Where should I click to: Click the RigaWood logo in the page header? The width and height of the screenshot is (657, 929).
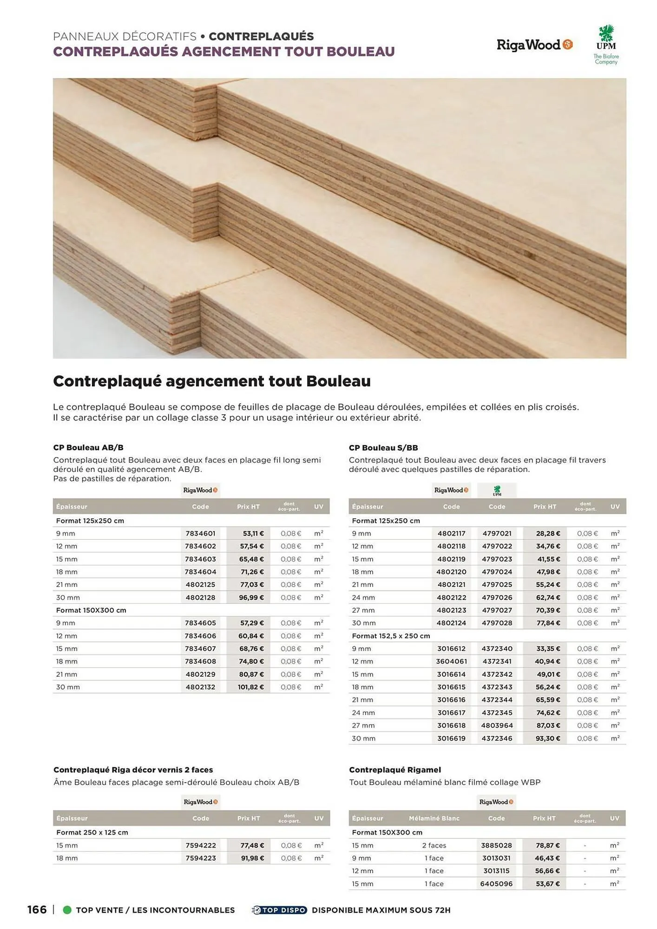point(534,45)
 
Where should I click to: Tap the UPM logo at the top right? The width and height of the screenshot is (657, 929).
point(606,44)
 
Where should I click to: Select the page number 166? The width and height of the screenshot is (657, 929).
point(37,909)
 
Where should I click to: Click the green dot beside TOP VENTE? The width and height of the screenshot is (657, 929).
point(67,910)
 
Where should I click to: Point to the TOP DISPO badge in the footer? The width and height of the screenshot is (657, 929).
point(279,910)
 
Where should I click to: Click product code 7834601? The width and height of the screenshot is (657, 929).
point(200,533)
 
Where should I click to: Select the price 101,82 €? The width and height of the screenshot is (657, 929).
point(251,687)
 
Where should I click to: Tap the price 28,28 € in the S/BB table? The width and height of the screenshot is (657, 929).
point(548,533)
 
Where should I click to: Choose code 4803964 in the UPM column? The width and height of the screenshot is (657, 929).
point(497,725)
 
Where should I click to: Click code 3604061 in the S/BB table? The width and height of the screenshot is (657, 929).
point(451,661)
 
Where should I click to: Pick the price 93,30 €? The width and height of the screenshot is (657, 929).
point(548,738)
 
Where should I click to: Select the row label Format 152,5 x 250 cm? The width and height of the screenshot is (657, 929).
point(391,635)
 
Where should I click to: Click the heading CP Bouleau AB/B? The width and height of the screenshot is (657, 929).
point(88,447)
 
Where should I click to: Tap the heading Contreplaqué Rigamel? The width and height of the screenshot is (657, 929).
point(395,770)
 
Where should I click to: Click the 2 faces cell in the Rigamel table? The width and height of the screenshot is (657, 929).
point(434,845)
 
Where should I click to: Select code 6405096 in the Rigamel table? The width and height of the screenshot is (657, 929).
point(496,883)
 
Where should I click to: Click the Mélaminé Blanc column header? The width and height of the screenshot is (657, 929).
point(434,818)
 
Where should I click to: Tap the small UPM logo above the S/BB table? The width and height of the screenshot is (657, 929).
point(497,490)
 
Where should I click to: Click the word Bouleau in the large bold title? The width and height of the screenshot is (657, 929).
point(338,381)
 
